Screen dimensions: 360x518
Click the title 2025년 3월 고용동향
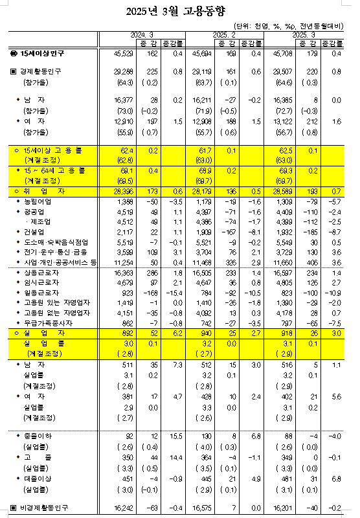(x=179, y=10)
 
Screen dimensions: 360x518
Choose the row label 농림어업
(x=37, y=202)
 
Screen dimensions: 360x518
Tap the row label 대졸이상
(x=37, y=479)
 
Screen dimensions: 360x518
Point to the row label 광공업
(x=34, y=212)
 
